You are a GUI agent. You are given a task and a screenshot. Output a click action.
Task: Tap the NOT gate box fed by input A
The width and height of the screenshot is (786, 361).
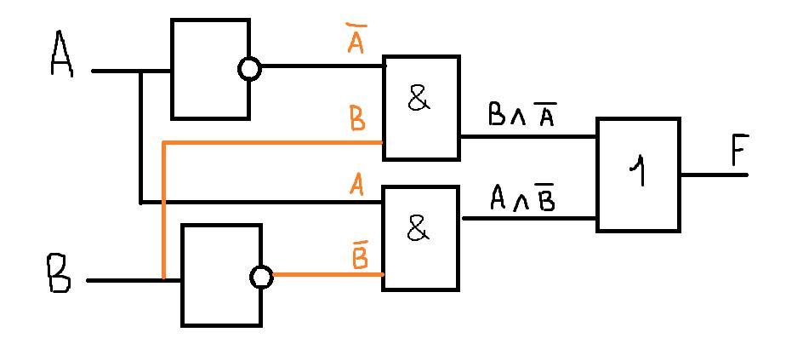(210, 68)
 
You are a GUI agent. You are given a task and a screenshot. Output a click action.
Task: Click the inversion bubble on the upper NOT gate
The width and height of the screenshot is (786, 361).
(249, 69)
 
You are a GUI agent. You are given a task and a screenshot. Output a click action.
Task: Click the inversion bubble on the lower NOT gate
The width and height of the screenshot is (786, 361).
(262, 277)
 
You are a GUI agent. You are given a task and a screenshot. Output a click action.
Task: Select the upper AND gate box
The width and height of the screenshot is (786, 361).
(421, 107)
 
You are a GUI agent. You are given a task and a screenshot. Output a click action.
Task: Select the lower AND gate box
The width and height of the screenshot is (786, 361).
(420, 238)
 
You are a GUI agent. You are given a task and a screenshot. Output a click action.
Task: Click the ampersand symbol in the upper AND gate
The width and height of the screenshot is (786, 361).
(418, 100)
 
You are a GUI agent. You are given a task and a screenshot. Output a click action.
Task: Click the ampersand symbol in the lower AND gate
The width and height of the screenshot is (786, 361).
(417, 228)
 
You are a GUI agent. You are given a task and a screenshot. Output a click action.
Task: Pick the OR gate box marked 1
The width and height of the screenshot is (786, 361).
(638, 175)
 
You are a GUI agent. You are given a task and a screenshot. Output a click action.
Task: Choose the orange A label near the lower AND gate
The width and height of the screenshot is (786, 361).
(357, 185)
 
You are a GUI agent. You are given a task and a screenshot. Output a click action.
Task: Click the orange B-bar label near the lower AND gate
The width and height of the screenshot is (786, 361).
(360, 255)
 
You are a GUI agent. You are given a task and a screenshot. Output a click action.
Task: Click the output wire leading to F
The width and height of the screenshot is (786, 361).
(713, 175)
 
